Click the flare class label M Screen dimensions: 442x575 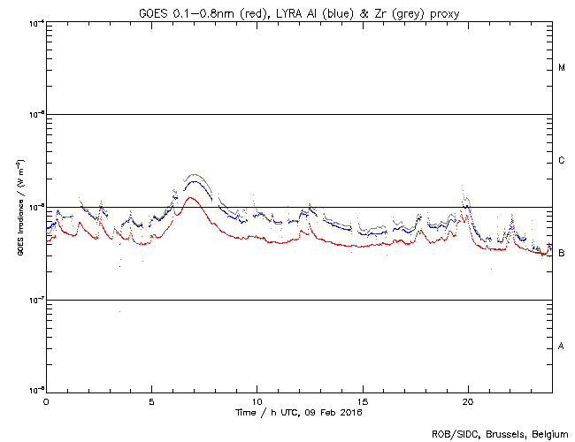coord(562,68)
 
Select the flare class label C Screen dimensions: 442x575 coord(562,161)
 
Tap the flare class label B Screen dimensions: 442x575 coord(562,253)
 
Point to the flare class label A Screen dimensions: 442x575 coord(562,346)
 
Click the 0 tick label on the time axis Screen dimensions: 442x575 coord(46,401)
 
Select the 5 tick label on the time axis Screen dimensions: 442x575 coord(151,401)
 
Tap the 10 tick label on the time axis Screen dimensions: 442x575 coord(257,401)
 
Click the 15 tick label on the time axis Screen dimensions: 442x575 coord(362,401)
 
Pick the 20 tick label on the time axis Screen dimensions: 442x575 coord(467,401)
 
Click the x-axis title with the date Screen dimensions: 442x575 coord(298,412)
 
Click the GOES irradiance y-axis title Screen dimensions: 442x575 coord(19,207)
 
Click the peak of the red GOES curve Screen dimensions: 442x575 coord(191,197)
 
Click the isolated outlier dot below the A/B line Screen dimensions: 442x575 coord(119,311)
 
